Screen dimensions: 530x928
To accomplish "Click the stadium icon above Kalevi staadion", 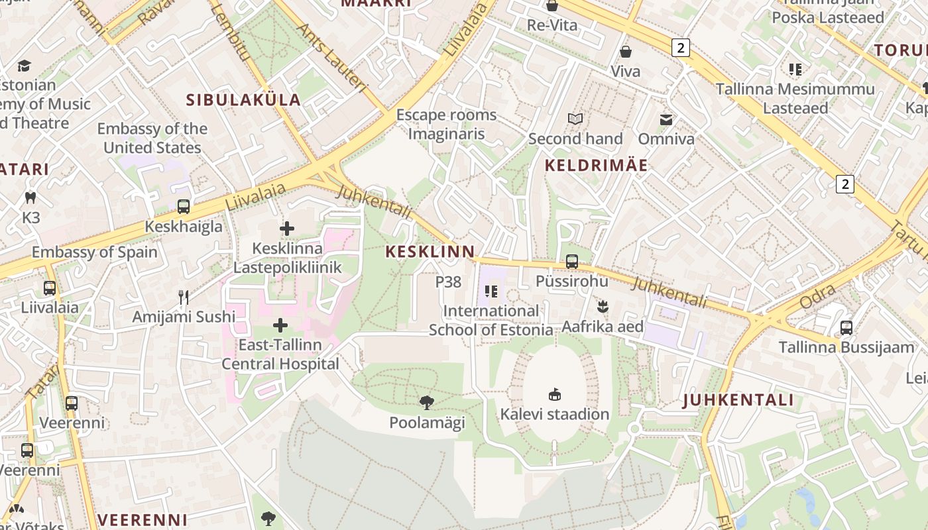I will pyautogui.click(x=555, y=395).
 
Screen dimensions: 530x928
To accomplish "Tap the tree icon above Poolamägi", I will pyautogui.click(x=427, y=402).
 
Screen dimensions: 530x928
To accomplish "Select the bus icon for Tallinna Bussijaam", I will pyautogui.click(x=846, y=327).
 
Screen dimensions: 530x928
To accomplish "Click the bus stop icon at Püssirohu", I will pyautogui.click(x=571, y=262).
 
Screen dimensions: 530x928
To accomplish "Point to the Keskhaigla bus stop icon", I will pyautogui.click(x=184, y=207).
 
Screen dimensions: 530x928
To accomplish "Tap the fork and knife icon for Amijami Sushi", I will pyautogui.click(x=184, y=297).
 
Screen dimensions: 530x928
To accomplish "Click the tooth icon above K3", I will pyautogui.click(x=30, y=197).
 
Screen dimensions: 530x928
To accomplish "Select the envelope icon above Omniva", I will pyautogui.click(x=666, y=120).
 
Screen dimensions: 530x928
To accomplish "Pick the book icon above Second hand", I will pyautogui.click(x=575, y=119).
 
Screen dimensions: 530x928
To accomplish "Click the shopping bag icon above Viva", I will pyautogui.click(x=625, y=52).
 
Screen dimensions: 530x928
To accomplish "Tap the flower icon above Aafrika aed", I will pyautogui.click(x=603, y=307).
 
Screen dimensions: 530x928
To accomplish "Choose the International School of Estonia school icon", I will pyautogui.click(x=491, y=291).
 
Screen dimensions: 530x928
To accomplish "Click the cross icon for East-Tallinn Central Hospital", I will pyautogui.click(x=280, y=325).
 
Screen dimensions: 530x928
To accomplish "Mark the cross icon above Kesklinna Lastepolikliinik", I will pyautogui.click(x=286, y=229).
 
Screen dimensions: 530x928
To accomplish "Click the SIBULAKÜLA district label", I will pyautogui.click(x=243, y=100).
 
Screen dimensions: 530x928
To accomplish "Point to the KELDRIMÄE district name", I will pyautogui.click(x=596, y=166).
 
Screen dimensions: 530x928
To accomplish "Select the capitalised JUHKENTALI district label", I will pyautogui.click(x=738, y=400).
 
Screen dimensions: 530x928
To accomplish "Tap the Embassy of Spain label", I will pyautogui.click(x=95, y=252).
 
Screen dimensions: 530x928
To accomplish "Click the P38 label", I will pyautogui.click(x=448, y=282).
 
